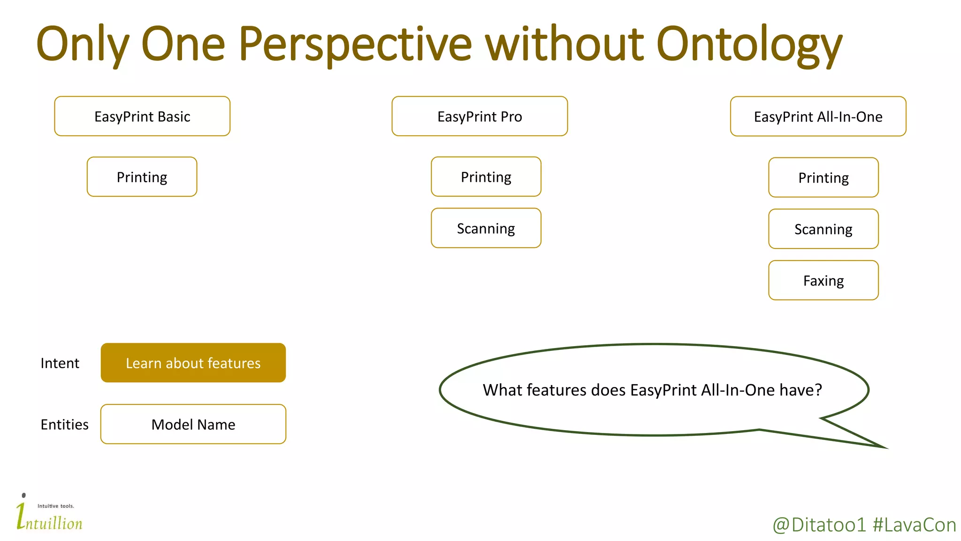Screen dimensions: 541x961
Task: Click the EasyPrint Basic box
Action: (142, 116)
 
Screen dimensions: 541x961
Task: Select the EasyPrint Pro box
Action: (480, 116)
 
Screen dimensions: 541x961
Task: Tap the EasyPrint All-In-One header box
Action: (818, 116)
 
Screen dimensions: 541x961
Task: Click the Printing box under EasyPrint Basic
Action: (142, 177)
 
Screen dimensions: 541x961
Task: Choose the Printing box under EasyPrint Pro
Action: (486, 177)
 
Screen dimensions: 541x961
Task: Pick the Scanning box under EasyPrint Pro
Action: (486, 228)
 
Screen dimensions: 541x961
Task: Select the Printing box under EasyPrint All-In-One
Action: (823, 178)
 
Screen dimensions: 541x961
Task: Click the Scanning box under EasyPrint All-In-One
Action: (823, 229)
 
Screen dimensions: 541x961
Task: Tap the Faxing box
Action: (823, 280)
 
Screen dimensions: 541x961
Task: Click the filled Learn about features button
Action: (193, 363)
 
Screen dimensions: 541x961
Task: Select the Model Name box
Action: (193, 424)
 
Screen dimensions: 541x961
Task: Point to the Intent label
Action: (60, 363)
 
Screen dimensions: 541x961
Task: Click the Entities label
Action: (64, 424)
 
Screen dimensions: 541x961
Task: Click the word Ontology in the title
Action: (749, 45)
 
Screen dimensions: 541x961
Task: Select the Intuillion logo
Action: (49, 514)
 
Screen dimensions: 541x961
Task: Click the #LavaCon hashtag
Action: (914, 525)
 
